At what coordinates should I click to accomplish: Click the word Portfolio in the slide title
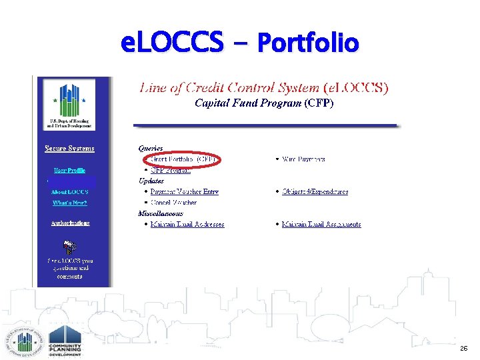[x=308, y=44]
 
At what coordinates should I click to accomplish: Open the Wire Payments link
[x=304, y=159]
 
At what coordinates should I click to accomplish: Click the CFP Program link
[x=171, y=170]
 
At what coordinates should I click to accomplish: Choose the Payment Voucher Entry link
[x=185, y=191]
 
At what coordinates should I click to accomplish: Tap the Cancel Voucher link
[x=173, y=202]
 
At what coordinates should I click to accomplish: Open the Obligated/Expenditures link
[x=315, y=191]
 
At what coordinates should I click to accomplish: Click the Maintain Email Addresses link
[x=187, y=224]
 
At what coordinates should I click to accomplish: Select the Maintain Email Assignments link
[x=321, y=224]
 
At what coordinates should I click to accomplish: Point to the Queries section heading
[x=151, y=148]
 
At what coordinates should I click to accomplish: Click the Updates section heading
[x=151, y=181]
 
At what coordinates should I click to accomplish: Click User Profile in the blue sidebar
[x=69, y=170]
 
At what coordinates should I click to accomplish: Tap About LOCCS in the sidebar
[x=69, y=192]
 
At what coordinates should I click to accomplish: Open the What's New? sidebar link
[x=69, y=203]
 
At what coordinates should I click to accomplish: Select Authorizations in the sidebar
[x=70, y=223]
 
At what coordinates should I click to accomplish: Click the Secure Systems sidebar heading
[x=69, y=148]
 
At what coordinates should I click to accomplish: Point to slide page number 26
[x=463, y=349]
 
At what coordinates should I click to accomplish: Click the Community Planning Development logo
[x=65, y=341]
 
